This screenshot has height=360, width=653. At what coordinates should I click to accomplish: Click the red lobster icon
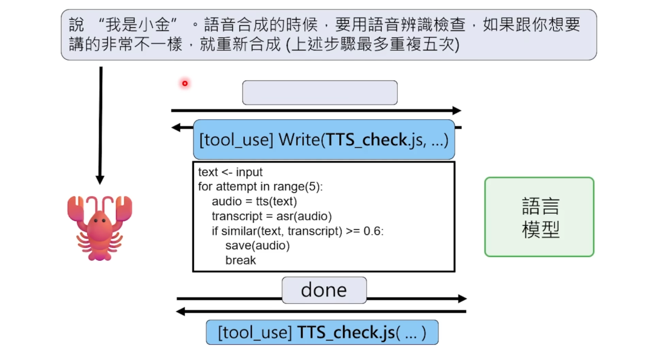(x=99, y=227)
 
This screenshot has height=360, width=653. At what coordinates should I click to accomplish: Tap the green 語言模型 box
(x=539, y=217)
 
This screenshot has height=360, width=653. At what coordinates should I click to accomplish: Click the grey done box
(x=324, y=290)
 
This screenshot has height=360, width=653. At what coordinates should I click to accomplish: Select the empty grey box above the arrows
(x=320, y=93)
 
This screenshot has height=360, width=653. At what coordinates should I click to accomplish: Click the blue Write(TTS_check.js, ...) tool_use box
(x=324, y=140)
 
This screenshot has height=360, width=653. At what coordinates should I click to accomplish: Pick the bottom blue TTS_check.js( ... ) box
(x=322, y=332)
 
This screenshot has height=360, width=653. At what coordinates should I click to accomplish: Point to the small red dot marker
(x=185, y=83)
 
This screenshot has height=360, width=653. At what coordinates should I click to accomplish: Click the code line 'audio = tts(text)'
(x=254, y=201)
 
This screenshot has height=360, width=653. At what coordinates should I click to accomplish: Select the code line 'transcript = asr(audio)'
(x=271, y=216)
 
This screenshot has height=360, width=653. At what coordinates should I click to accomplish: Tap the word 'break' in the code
(x=241, y=260)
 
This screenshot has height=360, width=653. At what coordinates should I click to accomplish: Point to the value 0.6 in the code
(x=373, y=231)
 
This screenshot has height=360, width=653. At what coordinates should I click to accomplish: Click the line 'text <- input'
(x=230, y=172)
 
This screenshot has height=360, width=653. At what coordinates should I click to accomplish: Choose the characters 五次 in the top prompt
(x=437, y=44)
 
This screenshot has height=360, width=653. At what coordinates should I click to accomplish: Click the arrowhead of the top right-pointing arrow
(x=456, y=111)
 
